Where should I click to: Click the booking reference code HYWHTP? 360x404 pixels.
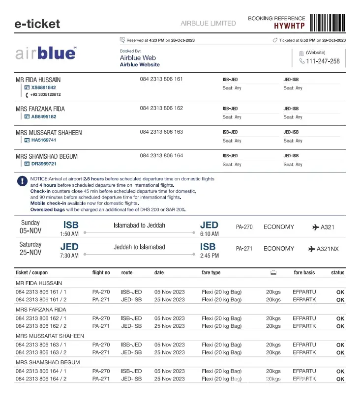click(289, 26)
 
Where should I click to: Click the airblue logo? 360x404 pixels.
click(46, 53)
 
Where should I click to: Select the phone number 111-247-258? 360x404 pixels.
click(323, 61)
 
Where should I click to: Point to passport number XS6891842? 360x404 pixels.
click(43, 87)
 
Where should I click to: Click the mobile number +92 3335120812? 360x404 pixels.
click(46, 95)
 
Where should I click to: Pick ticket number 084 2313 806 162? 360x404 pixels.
click(161, 108)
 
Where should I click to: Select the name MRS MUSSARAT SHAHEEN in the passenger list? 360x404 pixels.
click(49, 133)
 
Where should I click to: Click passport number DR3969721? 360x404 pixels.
click(44, 164)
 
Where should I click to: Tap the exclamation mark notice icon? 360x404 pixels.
click(22, 181)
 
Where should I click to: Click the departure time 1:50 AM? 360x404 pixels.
click(69, 234)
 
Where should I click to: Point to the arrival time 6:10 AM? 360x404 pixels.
click(209, 234)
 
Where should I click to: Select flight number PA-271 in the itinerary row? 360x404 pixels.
click(244, 249)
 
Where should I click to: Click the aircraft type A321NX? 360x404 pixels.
click(328, 249)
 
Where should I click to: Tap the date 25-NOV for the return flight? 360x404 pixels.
click(30, 253)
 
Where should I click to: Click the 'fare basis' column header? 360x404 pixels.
click(304, 273)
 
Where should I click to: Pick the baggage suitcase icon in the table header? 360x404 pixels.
click(273, 273)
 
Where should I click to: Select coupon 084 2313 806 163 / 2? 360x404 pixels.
click(41, 352)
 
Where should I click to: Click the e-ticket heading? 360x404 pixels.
click(37, 24)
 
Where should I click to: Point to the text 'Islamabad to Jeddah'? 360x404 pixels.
click(140, 226)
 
